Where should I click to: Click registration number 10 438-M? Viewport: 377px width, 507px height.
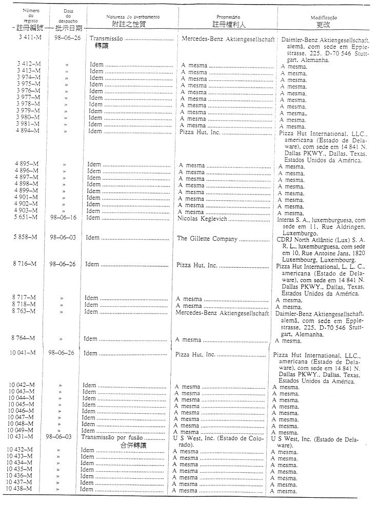click(21, 490)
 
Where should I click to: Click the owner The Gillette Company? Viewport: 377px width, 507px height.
click(207, 239)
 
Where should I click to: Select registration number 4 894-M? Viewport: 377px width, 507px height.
click(26, 132)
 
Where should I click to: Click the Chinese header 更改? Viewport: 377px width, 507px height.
click(323, 24)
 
